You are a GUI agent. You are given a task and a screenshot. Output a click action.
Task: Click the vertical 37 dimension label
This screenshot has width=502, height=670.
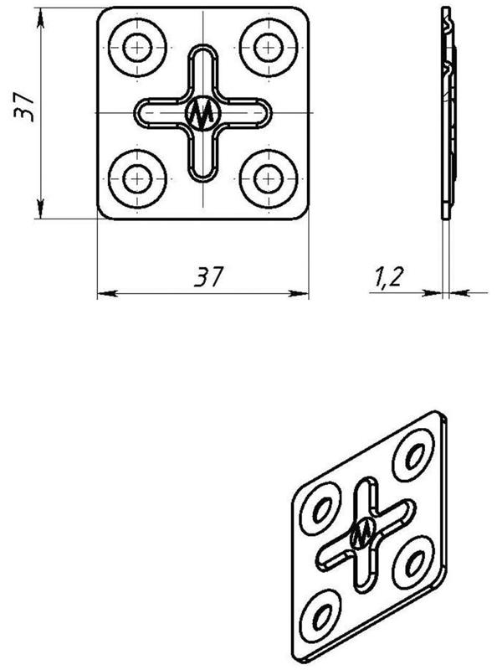(x=24, y=107)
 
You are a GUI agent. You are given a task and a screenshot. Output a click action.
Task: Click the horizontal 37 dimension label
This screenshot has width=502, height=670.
(x=208, y=276)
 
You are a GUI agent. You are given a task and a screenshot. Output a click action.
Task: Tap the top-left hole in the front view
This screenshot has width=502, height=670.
(x=137, y=48)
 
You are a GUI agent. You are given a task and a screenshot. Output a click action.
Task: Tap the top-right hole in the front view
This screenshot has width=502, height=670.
(x=269, y=48)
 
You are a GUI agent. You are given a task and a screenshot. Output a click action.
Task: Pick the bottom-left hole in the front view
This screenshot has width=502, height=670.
(x=137, y=178)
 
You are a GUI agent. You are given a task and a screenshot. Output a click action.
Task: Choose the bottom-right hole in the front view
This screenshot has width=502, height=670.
(x=269, y=178)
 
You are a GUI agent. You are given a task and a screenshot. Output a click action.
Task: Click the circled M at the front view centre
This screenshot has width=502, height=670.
(x=202, y=113)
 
